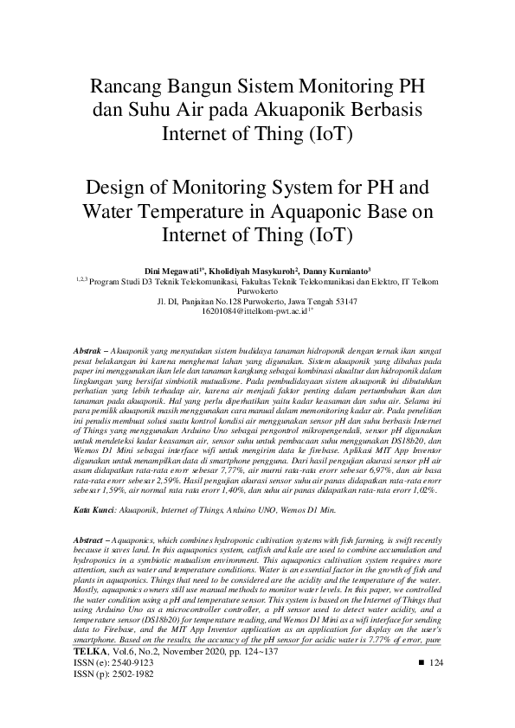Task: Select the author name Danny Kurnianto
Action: pos(343,271)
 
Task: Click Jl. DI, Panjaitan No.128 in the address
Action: pos(199,301)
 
